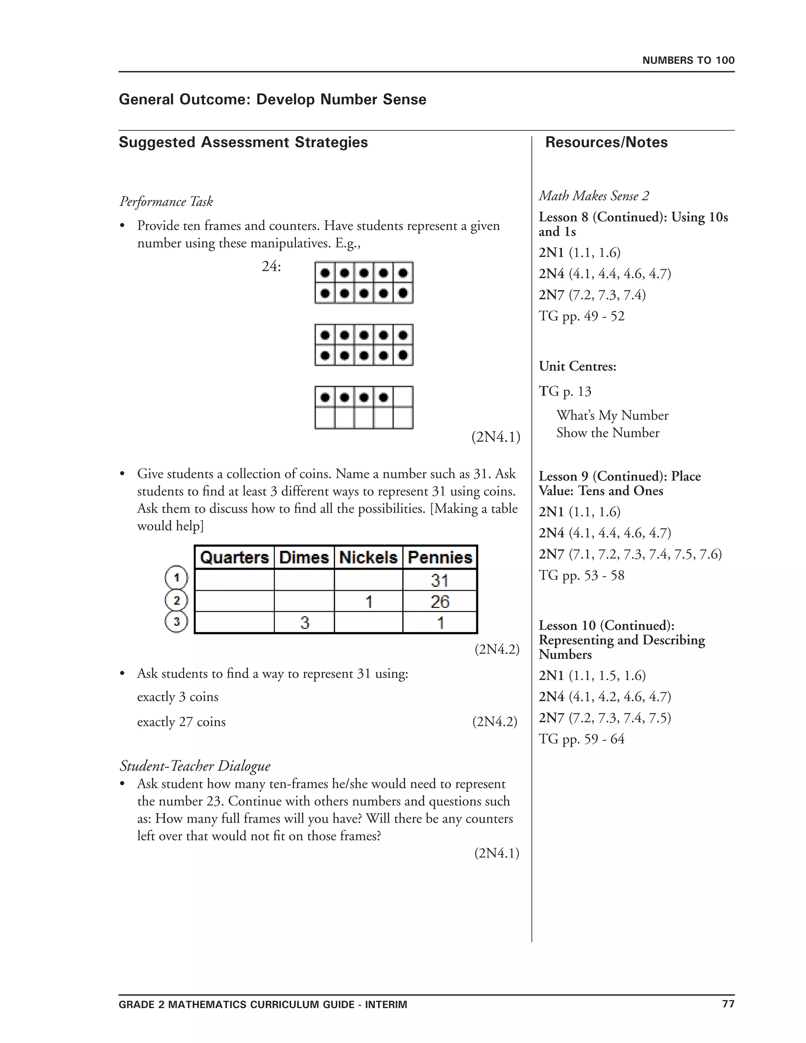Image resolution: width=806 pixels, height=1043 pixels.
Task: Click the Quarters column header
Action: coord(234,557)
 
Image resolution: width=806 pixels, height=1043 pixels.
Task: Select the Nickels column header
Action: coord(368,557)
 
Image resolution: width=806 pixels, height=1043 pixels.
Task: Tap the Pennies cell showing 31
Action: coord(439,580)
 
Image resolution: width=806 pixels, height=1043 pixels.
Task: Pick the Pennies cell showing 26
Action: coord(439,601)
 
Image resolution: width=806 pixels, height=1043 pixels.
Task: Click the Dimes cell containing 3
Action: coord(305,623)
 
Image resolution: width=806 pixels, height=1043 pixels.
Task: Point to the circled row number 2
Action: coord(176,600)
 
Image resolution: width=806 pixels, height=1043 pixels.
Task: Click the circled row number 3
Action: coord(176,622)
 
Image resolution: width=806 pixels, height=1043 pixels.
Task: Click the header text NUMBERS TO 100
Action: coord(688,60)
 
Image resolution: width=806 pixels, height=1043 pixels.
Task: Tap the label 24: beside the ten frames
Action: coord(271,266)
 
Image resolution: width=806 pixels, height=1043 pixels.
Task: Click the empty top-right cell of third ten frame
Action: coord(403,397)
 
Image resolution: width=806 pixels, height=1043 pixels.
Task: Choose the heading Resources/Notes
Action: coord(606,142)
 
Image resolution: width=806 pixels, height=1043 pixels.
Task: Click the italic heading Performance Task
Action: coord(166,202)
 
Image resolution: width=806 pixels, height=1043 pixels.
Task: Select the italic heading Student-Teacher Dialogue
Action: coord(195,766)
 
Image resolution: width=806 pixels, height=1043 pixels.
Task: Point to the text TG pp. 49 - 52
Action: coord(581,316)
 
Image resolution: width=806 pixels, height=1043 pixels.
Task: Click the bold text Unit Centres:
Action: coord(577,366)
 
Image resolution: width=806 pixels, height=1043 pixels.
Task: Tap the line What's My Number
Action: coord(612,416)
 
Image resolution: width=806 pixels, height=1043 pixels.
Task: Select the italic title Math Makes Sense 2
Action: coord(594,196)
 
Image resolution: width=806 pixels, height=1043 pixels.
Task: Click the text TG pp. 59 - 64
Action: coord(581,739)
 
